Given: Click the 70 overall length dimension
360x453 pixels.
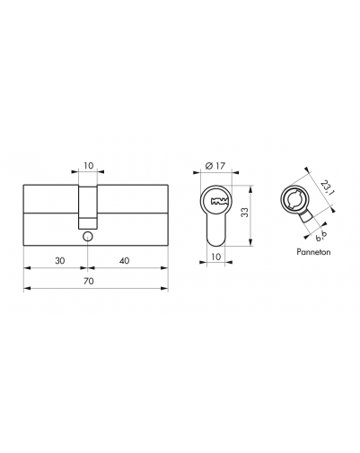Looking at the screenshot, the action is (x=89, y=281).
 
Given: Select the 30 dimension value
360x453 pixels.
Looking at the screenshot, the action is (x=60, y=261).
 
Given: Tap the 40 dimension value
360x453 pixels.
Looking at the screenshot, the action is (x=124, y=261).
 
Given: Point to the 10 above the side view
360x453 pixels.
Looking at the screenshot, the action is (x=88, y=165).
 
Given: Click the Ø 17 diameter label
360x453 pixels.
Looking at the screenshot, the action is (x=215, y=165).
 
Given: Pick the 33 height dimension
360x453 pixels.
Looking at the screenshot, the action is (x=245, y=213).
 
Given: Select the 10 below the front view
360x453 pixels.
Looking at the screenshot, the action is (x=215, y=257).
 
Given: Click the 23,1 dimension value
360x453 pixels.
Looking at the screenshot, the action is (x=326, y=187).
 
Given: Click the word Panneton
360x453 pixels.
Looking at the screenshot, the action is (x=313, y=252).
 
